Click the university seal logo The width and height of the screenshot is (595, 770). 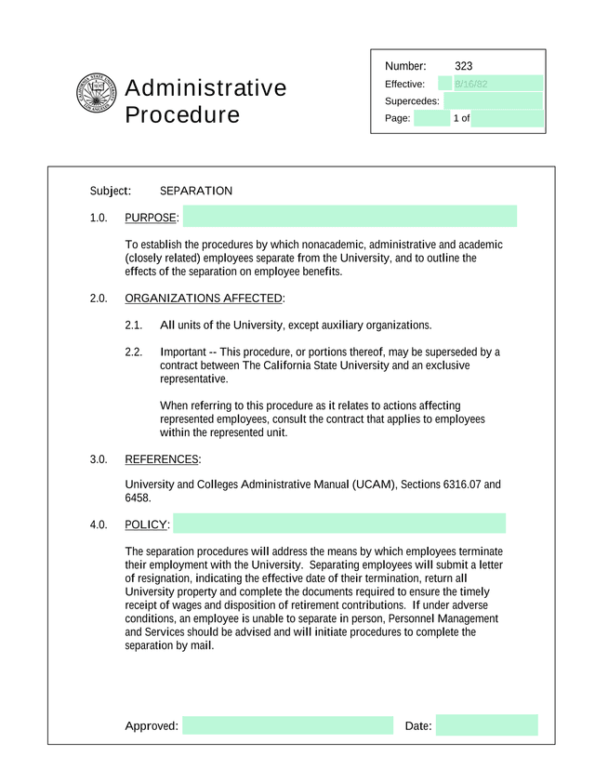click(97, 93)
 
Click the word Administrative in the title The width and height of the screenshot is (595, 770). click(205, 88)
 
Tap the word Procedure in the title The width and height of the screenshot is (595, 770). click(182, 115)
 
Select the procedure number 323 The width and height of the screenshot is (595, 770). click(464, 66)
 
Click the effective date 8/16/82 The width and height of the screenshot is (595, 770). click(470, 84)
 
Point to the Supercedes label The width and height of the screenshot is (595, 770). click(412, 100)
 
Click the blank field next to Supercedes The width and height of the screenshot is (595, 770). click(493, 100)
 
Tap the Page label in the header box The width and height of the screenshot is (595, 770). click(398, 118)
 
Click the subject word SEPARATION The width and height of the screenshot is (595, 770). click(196, 191)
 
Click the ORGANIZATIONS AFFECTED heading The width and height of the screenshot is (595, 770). click(204, 299)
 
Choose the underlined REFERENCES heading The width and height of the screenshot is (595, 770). click(162, 459)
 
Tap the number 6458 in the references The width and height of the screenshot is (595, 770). click(138, 498)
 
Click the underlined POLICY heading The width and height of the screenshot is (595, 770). click(146, 525)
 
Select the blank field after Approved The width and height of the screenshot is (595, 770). click(287, 725)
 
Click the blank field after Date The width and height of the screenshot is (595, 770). click(486, 725)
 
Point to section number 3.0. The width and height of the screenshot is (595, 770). click(99, 459)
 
